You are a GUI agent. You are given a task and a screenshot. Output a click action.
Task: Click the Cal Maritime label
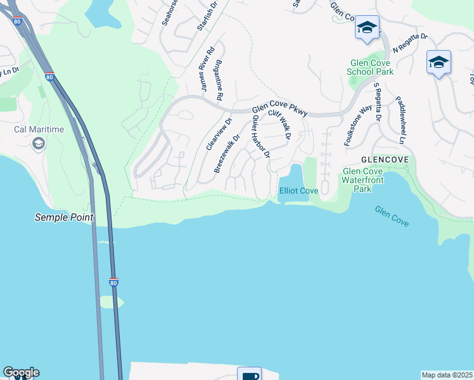click(x=39, y=130)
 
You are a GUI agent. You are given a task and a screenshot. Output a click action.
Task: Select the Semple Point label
click(x=64, y=217)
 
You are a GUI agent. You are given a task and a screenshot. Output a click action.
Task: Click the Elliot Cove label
click(x=298, y=191)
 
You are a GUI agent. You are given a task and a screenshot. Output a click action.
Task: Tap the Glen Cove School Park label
click(x=370, y=67)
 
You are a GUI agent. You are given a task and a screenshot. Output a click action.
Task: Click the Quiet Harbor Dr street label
click(x=261, y=137)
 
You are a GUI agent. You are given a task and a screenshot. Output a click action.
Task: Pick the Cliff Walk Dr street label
click(x=279, y=125)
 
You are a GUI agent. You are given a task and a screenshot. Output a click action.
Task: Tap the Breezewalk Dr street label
click(x=227, y=153)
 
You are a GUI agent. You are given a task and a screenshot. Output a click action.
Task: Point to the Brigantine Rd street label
click(x=219, y=80)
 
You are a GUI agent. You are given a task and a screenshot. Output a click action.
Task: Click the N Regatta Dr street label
click(x=410, y=44)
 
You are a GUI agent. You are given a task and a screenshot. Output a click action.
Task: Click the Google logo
click(x=21, y=372)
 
